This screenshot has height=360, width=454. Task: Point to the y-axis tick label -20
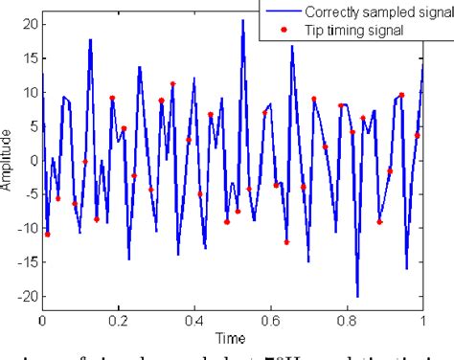(x=26, y=297)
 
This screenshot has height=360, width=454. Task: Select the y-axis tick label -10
(x=26, y=228)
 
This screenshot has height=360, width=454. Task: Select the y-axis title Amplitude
(x=8, y=160)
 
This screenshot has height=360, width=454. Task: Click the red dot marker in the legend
(x=284, y=30)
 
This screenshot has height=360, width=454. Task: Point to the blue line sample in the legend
(x=284, y=12)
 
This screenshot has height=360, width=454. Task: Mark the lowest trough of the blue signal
(x=357, y=296)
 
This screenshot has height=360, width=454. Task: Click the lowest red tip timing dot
(x=286, y=242)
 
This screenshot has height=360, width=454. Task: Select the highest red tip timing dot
(x=172, y=84)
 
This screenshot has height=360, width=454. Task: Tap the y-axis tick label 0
(x=33, y=160)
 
